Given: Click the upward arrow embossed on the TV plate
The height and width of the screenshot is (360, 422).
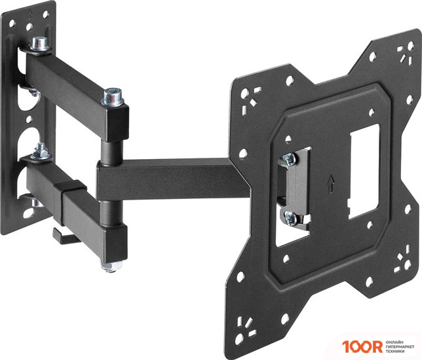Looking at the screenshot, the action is pos(331,184).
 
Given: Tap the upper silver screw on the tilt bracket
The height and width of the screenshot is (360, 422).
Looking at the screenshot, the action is pos(290,159).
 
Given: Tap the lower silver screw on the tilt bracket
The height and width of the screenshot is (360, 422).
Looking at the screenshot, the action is pos(290,218).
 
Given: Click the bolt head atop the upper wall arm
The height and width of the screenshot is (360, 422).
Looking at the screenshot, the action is pos(40,44).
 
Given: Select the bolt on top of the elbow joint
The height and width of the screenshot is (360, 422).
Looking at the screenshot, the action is pos(112,96).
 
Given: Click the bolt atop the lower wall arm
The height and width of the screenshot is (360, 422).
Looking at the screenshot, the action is pos(41,151).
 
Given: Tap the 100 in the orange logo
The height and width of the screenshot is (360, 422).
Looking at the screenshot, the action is pos(357,346).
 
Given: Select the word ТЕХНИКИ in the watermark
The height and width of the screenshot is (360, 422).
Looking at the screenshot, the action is pos(395,351).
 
